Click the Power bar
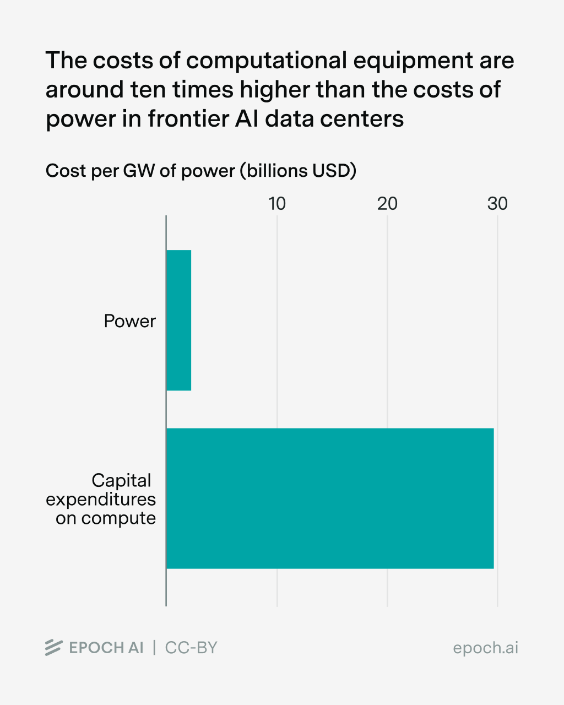(179, 320)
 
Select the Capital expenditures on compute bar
(330, 498)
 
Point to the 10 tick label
(277, 204)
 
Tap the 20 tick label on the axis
(387, 204)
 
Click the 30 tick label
(497, 204)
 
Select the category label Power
(130, 321)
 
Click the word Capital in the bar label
(121, 480)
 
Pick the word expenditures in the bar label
(101, 500)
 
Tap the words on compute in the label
(106, 518)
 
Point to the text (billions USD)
(298, 171)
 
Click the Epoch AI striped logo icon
(53, 648)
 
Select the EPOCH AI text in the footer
(106, 648)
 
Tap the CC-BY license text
(191, 648)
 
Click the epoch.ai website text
(485, 648)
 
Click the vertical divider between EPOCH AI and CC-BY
(154, 648)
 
